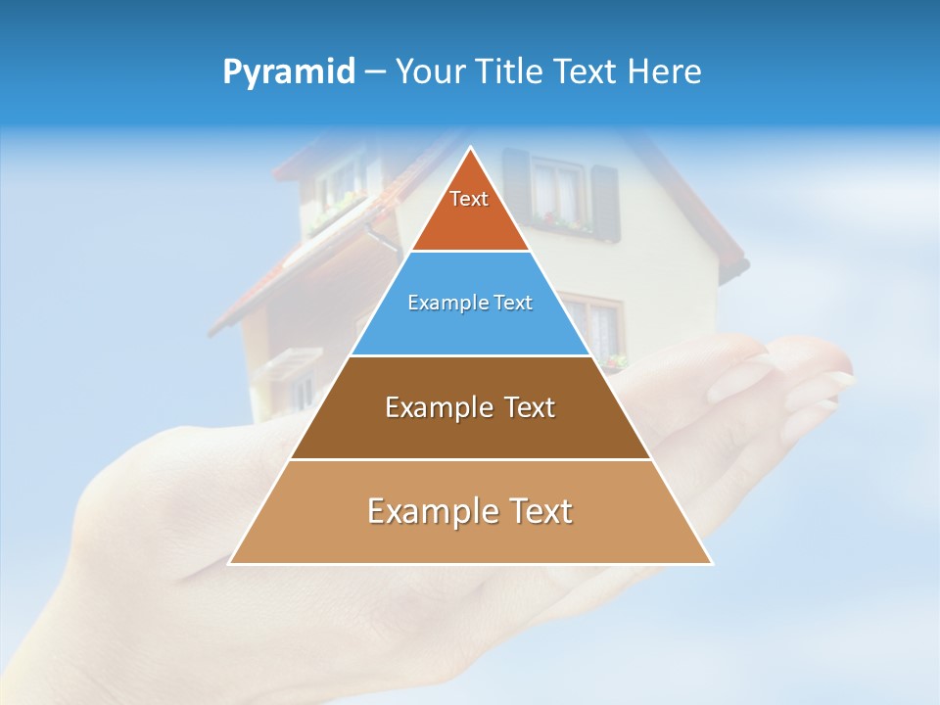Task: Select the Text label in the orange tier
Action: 469,199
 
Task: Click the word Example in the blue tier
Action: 446,304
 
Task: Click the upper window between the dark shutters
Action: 559,191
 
